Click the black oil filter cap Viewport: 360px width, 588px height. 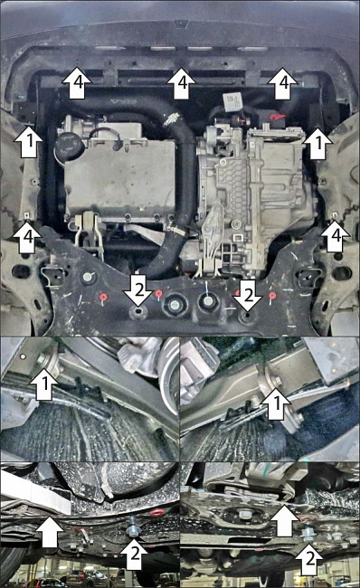66,147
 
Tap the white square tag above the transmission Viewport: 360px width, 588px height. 232,101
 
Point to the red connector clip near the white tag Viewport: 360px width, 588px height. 277,117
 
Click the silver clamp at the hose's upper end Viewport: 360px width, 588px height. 171,119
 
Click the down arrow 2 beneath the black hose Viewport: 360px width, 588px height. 138,291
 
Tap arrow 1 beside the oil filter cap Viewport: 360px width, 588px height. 28,141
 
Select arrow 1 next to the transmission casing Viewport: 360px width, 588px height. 318,143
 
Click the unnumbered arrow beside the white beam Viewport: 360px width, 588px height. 49,531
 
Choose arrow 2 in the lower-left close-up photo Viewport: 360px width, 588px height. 135,553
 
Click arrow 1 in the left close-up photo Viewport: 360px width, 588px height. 45,384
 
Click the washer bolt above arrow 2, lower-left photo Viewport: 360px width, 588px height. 132,528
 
